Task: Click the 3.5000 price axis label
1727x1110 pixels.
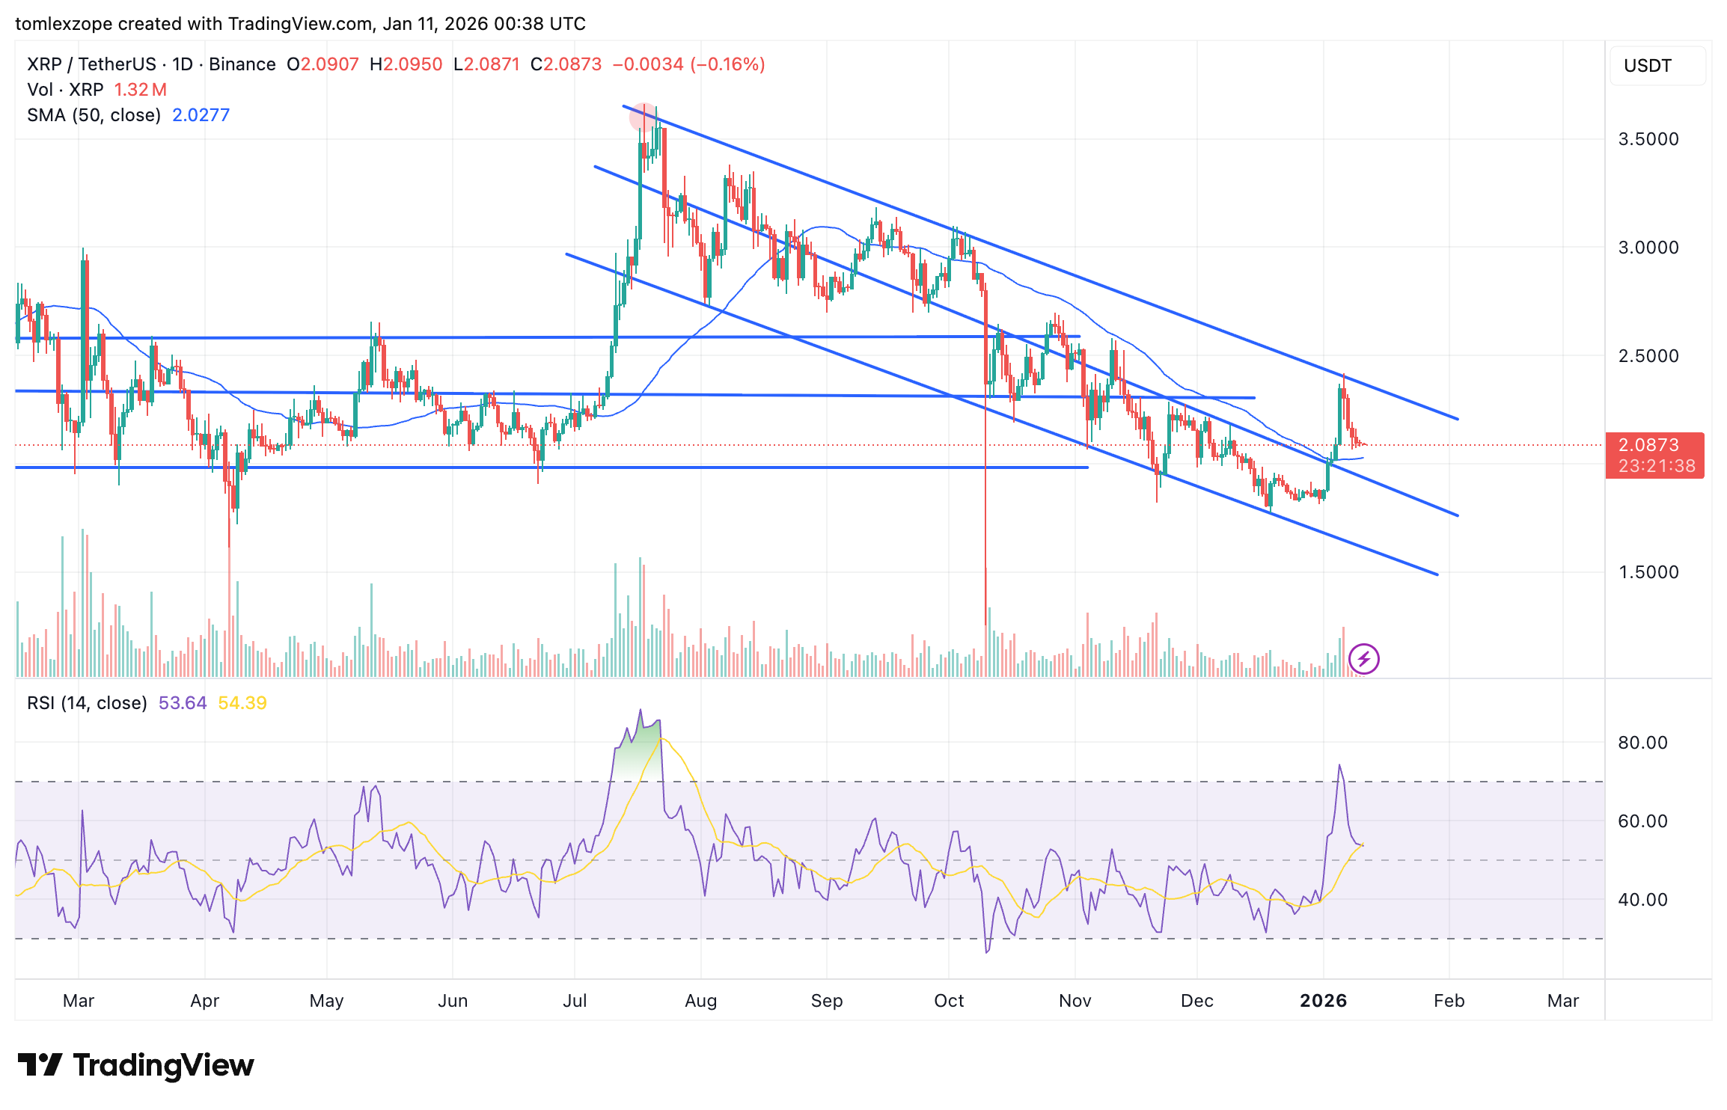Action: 1648,139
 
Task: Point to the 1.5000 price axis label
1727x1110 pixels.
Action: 1648,572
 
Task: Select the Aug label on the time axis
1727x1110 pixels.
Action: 700,1001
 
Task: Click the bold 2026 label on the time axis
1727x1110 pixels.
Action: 1323,1001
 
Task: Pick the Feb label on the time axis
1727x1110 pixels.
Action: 1449,1001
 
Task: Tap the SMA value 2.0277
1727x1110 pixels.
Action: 201,115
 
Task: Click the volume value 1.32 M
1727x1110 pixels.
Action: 140,90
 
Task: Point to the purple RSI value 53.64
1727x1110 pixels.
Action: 182,703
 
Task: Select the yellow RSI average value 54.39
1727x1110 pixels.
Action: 242,703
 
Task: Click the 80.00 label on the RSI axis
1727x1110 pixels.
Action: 1642,743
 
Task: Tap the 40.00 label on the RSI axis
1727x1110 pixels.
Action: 1642,900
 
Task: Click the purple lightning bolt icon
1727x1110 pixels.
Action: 1363,659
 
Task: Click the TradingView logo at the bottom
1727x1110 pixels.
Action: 135,1065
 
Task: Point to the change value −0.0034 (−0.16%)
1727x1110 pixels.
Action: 688,64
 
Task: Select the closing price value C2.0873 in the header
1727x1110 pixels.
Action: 566,64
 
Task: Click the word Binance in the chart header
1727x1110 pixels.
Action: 242,64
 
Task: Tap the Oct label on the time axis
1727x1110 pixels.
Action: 948,1001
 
